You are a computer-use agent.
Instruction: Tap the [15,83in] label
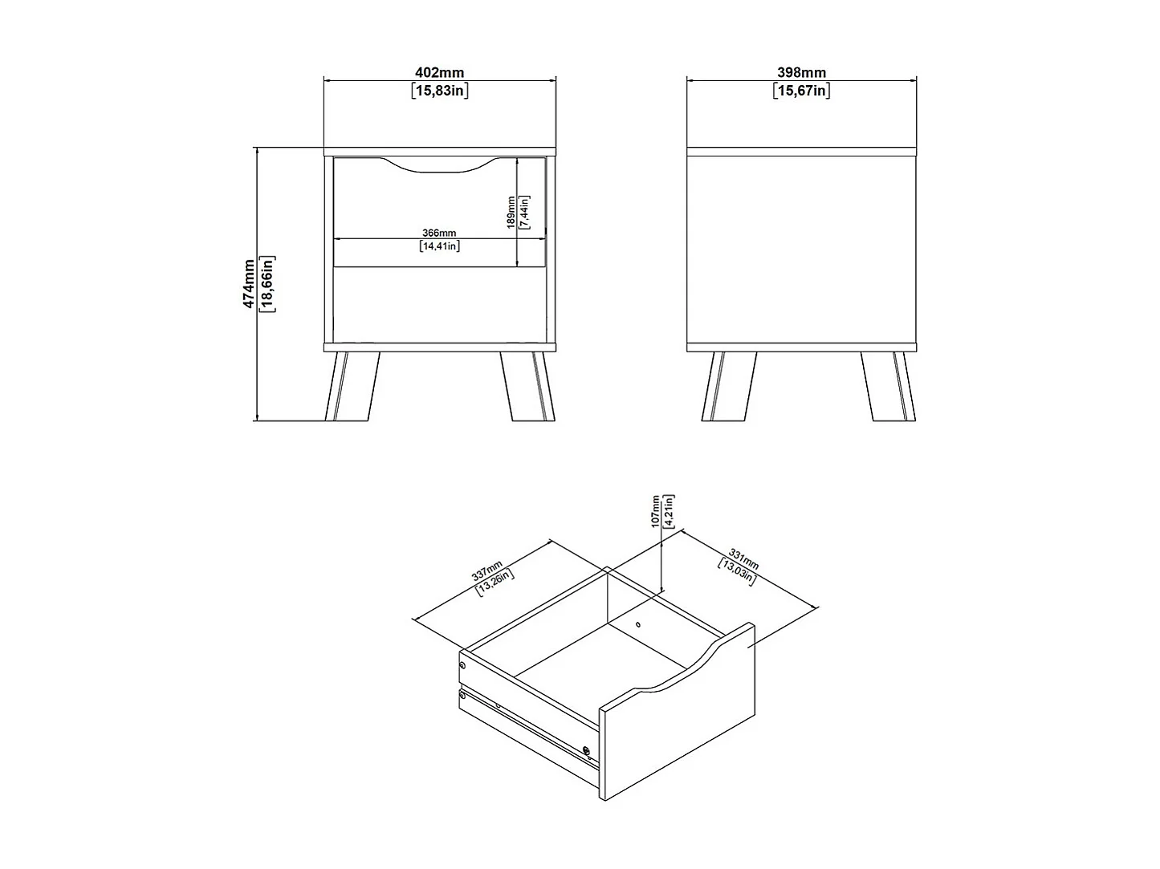tap(439, 90)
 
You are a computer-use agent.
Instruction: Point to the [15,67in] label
tap(801, 90)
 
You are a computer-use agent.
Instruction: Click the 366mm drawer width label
tap(439, 233)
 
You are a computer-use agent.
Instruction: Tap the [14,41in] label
tap(439, 246)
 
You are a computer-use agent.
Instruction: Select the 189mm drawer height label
tap(511, 213)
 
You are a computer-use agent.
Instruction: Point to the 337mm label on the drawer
tap(486, 571)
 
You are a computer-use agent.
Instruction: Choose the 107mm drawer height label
tap(655, 511)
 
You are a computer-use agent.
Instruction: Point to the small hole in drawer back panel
tap(637, 624)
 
